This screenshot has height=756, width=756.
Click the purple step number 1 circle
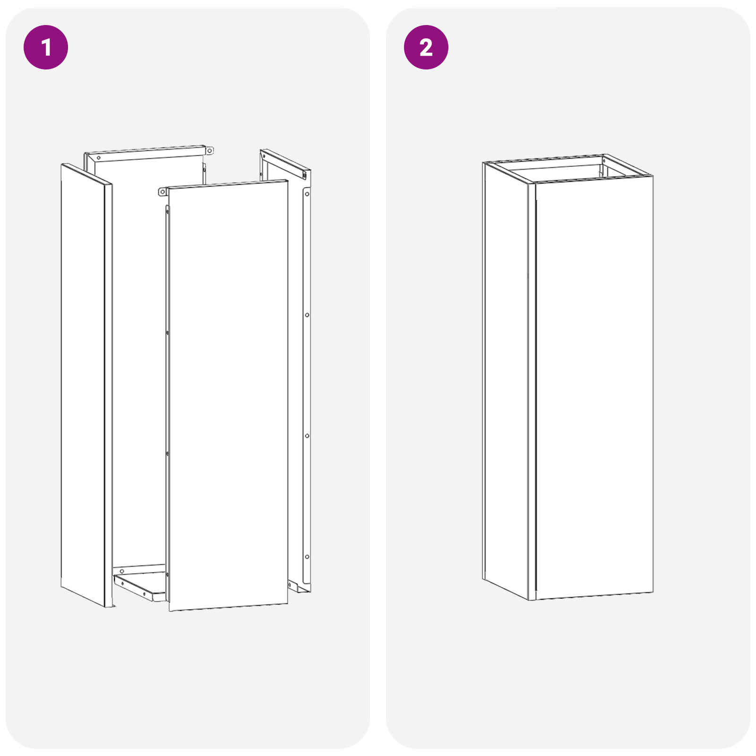[46, 47]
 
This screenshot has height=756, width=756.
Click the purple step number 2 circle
[426, 47]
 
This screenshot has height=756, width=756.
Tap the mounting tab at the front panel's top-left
[162, 192]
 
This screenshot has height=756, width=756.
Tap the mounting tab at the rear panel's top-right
[209, 151]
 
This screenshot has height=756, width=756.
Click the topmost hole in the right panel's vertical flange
[307, 194]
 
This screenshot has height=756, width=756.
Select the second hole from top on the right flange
[307, 315]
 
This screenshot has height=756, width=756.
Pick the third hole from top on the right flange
[307, 436]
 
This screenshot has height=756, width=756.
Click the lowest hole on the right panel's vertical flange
[307, 557]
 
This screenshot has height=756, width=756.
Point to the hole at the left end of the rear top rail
[98, 158]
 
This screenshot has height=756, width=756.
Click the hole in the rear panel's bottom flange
[122, 571]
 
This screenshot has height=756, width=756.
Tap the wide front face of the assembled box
[594, 387]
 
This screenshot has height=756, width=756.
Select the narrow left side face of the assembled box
[506, 378]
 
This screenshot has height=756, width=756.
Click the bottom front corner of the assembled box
[532, 599]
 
